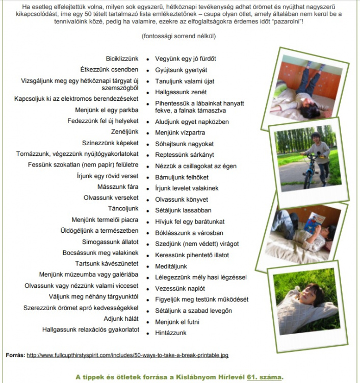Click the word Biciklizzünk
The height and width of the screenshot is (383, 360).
pos(122,59)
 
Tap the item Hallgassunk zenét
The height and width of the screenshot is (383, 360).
pos(181,92)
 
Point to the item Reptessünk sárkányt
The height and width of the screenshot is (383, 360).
pos(185,155)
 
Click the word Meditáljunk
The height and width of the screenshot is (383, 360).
pos(171,266)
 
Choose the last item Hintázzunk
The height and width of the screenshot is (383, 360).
pos(170,333)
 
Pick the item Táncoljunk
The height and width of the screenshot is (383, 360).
pos(123,208)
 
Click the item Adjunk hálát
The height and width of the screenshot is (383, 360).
pos(121,319)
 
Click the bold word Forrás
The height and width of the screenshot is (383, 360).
pos(15,354)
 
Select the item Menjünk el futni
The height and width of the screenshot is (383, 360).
pos(177,322)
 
